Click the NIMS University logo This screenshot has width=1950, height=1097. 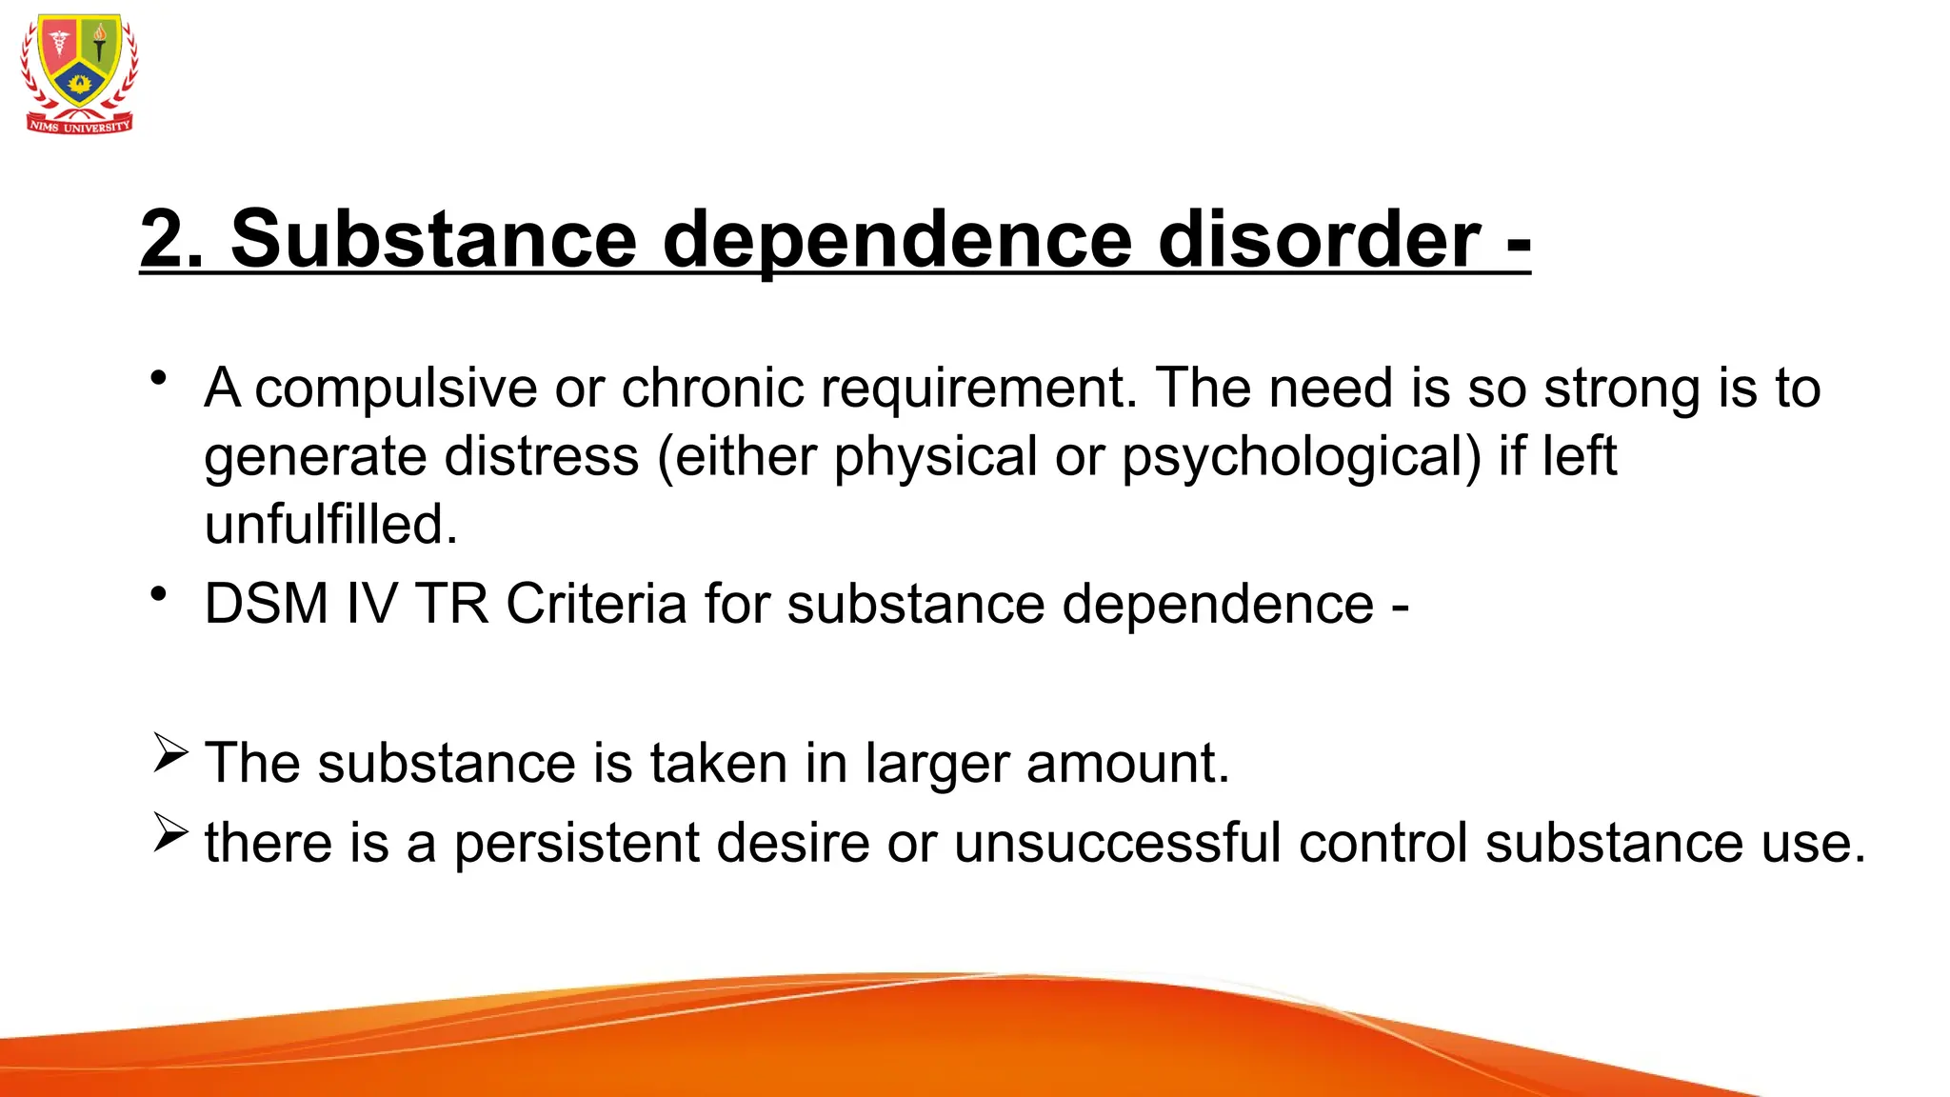80,73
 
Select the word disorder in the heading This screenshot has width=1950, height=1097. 1319,239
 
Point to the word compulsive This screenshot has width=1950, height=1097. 396,389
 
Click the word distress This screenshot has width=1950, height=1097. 542,456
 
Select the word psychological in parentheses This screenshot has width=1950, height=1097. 1301,458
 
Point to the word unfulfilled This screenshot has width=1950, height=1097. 330,525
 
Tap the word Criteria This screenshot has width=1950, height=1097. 596,604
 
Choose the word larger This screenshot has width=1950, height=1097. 937,765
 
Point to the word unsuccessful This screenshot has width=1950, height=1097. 1117,844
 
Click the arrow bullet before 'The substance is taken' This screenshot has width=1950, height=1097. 170,753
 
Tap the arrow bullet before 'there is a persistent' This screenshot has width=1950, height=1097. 170,833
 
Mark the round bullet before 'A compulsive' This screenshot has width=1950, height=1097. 159,378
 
